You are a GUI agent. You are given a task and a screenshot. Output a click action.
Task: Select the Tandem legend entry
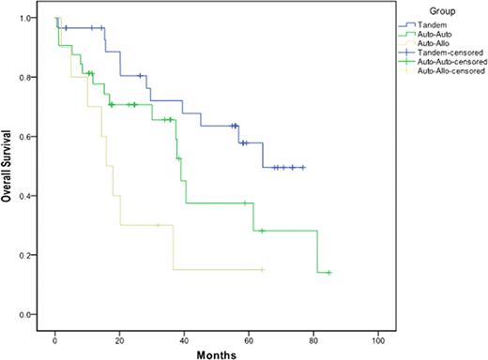[x=430, y=25]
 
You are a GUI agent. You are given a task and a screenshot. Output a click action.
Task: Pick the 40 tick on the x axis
[x=185, y=336]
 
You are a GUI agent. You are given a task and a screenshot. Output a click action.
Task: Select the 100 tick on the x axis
[x=378, y=336]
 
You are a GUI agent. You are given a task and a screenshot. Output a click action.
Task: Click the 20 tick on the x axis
[x=120, y=336]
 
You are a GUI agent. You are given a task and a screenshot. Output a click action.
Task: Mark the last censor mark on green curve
[x=329, y=272]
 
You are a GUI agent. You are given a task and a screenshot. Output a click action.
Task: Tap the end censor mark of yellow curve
[x=263, y=269]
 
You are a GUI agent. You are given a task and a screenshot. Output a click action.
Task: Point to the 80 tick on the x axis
[x=314, y=336]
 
